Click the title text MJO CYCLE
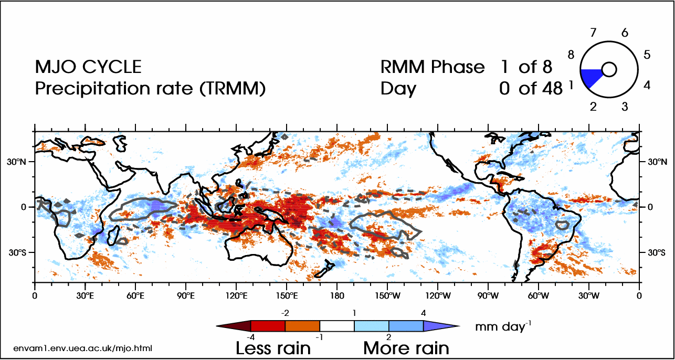(88, 67)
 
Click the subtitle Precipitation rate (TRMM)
(150, 89)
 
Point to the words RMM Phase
(433, 67)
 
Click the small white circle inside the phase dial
(609, 70)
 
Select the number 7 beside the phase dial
(593, 33)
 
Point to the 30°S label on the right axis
(654, 252)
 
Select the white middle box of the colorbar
(337, 326)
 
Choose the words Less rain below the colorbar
(273, 347)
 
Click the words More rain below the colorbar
(406, 347)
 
